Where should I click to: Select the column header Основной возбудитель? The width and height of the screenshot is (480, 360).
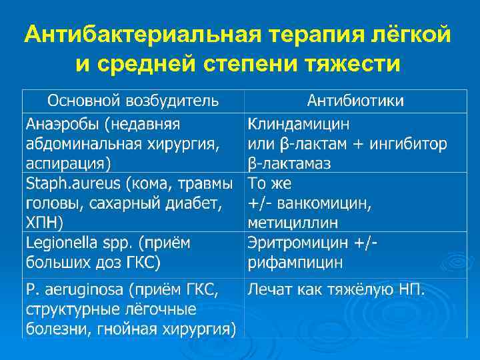click(133, 101)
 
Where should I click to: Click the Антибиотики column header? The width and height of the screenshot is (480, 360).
click(355, 101)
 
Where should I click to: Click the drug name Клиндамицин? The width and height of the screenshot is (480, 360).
click(298, 124)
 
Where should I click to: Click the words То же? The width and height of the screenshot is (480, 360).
click(270, 183)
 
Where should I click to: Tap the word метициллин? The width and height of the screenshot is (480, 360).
click(293, 222)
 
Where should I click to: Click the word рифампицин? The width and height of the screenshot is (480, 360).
click(295, 262)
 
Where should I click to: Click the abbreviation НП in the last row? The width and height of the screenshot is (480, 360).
click(409, 289)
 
